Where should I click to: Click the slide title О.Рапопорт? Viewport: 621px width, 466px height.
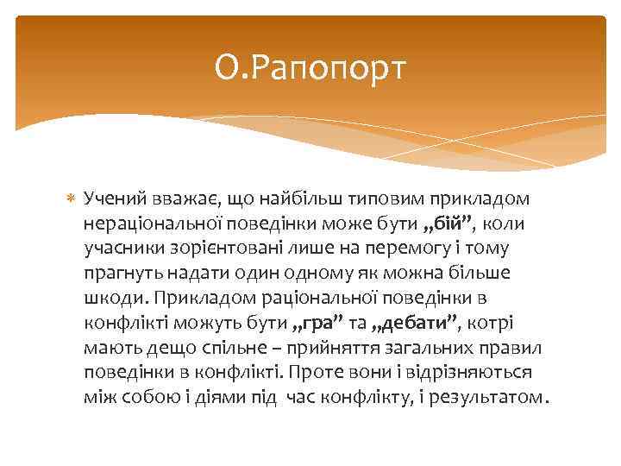coord(310,67)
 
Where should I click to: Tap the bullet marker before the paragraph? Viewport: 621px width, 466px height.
coord(72,198)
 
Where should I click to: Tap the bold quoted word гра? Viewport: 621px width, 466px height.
coord(314,324)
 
